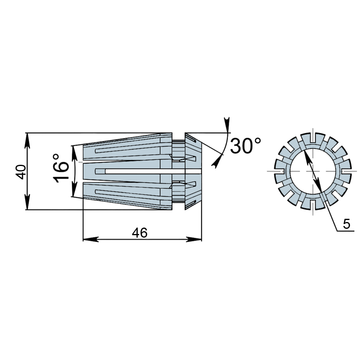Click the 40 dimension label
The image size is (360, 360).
pyautogui.click(x=20, y=172)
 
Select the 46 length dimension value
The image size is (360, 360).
pyautogui.click(x=140, y=233)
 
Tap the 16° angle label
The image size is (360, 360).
pyautogui.click(x=61, y=168)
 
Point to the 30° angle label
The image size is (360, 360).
pyautogui.click(x=246, y=146)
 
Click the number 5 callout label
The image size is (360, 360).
pyautogui.click(x=347, y=224)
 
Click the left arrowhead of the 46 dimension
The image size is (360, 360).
pyautogui.click(x=91, y=239)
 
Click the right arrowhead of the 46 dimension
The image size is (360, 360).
pyautogui.click(x=194, y=239)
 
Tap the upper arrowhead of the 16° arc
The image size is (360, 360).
pyautogui.click(x=74, y=153)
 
